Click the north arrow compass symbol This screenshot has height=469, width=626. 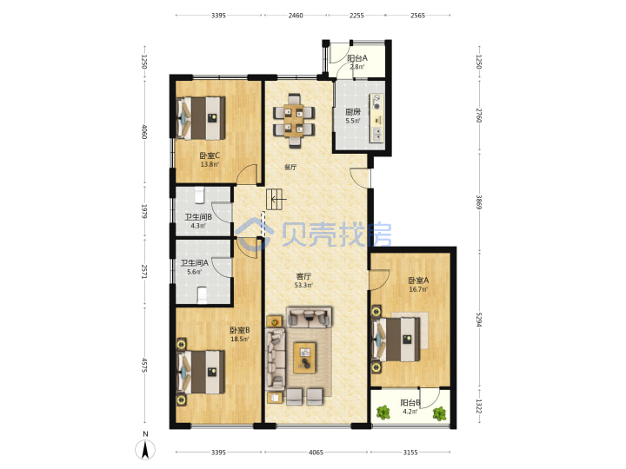tap(145, 450)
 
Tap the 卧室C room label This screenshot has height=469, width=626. tap(210, 155)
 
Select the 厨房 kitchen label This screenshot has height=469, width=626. tap(352, 112)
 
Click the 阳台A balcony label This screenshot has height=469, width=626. tap(357, 58)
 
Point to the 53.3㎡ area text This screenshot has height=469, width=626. tap(303, 285)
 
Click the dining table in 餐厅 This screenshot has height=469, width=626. tap(294, 121)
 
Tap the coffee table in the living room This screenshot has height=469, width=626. tap(304, 358)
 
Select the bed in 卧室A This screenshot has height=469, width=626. tap(396, 339)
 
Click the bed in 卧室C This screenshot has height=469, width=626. tap(201, 118)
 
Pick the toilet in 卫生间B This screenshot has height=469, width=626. tap(199, 195)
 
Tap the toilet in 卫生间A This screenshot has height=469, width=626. tap(203, 295)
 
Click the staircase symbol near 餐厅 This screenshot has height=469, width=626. tap(276, 200)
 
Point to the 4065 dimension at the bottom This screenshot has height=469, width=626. tap(316, 452)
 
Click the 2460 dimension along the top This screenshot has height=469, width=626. tap(296, 16)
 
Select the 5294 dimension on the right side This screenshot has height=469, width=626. tap(479, 319)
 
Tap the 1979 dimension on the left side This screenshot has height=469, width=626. tap(144, 211)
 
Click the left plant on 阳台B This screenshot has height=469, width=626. tap(383, 413)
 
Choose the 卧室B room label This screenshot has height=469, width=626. tap(240, 330)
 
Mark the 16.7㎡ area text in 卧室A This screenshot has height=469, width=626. tap(418, 289)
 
